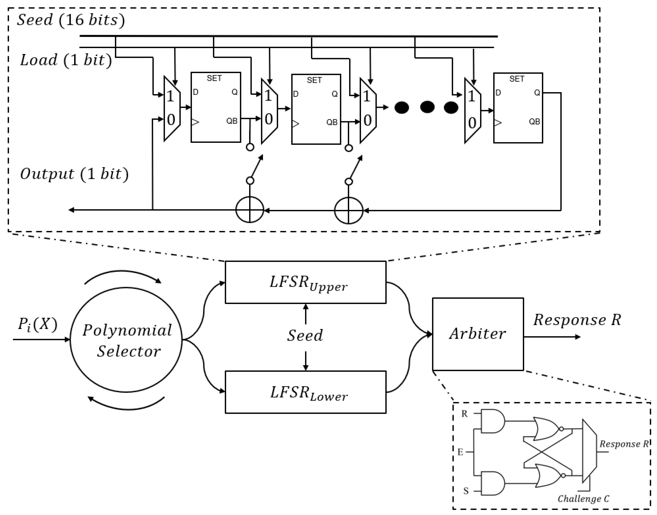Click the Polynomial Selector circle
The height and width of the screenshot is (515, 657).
[x=126, y=340]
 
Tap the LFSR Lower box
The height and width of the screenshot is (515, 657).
[x=306, y=392]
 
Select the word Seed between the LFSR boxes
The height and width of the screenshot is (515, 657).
[x=305, y=335]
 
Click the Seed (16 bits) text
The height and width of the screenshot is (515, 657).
[x=71, y=20]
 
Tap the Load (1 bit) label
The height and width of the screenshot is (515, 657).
[x=66, y=60]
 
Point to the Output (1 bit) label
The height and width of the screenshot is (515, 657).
[x=74, y=174]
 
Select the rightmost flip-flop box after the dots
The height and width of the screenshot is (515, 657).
[x=518, y=108]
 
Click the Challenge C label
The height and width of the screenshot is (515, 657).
[x=583, y=499]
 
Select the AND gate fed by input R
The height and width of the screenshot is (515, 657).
[x=492, y=421]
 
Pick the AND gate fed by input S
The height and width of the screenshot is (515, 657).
[x=492, y=483]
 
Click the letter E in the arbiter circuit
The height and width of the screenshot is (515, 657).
[x=460, y=452]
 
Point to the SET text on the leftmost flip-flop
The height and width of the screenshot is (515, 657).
[x=214, y=78]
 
